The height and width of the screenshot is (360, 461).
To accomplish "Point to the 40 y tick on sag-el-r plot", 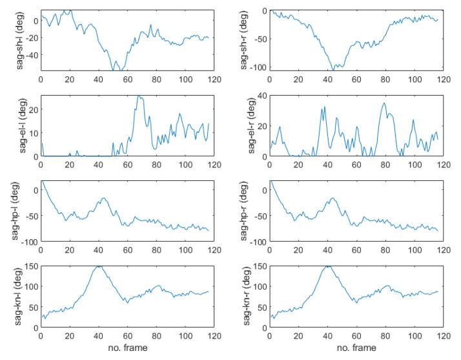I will pyautogui.click(x=261, y=96).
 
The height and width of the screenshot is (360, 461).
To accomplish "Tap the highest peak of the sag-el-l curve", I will pyautogui.click(x=139, y=96).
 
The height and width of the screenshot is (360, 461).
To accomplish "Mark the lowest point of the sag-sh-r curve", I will pyautogui.click(x=333, y=69).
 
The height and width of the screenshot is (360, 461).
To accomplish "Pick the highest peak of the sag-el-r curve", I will pyautogui.click(x=384, y=103).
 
